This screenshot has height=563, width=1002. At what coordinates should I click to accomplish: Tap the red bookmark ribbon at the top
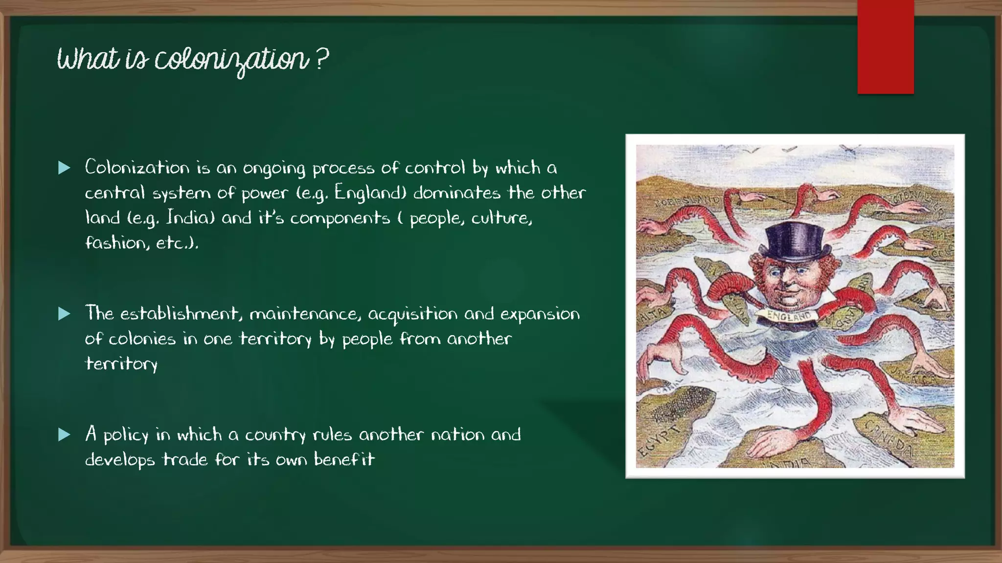pos(885,46)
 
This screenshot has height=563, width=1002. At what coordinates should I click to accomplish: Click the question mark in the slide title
pos(321,59)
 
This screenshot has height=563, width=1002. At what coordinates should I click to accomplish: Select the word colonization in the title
pos(232,60)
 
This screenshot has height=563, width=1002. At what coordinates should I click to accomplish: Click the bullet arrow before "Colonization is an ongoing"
pos(64,168)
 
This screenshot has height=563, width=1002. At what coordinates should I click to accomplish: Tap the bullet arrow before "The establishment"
pos(64,314)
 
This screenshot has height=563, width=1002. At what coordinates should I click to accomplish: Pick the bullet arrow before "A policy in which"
pos(64,434)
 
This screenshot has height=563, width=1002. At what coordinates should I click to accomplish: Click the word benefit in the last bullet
pos(344,459)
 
